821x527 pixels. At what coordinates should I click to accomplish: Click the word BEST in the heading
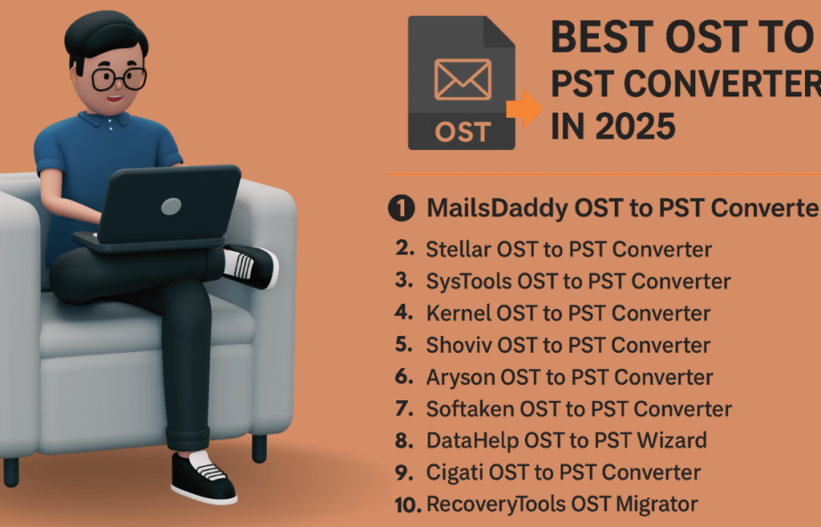(601, 38)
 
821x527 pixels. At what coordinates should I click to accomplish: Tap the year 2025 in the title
(635, 126)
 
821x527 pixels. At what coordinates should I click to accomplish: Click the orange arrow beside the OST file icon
(525, 109)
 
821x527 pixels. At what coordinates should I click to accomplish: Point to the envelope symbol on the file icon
(463, 79)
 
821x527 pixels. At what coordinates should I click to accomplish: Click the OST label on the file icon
(463, 132)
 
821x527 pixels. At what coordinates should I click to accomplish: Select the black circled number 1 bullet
(402, 208)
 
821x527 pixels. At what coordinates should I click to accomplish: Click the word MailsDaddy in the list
(497, 208)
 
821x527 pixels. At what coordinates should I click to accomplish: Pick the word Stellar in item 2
(459, 249)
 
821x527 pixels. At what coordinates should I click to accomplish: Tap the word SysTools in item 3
(469, 281)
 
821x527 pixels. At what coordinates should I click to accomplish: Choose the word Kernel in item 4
(459, 314)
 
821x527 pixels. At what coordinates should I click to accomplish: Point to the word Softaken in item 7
(470, 409)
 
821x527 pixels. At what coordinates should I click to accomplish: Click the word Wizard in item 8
(672, 440)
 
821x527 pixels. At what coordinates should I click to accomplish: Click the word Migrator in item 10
(657, 504)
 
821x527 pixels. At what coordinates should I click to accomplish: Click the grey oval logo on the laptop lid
(171, 206)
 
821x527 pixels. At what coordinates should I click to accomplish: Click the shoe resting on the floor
(203, 477)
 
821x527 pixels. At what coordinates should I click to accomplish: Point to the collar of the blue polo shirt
(104, 120)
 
